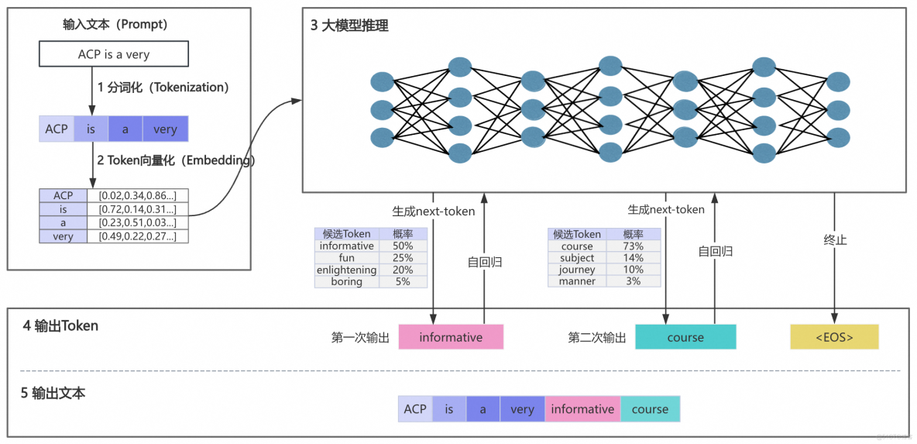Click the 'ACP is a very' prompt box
[x=114, y=54]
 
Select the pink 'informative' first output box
[x=451, y=337]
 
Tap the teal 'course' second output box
[x=685, y=337]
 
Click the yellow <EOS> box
[x=834, y=337]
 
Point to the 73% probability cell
[x=634, y=246]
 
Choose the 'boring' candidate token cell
[x=346, y=282]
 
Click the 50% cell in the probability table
[x=403, y=246]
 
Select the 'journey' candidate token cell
[x=577, y=270]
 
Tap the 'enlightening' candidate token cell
[x=346, y=270]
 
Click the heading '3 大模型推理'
[x=349, y=26]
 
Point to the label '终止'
[x=835, y=240]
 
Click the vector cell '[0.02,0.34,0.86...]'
[x=137, y=195]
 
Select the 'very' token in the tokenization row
[x=165, y=129]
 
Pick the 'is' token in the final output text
[x=449, y=409]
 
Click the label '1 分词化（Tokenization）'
[x=163, y=88]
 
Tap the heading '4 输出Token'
[x=60, y=325]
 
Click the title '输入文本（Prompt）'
[x=115, y=24]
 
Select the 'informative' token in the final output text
[x=582, y=409]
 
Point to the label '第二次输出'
[x=597, y=337]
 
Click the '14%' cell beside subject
[x=634, y=258]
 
